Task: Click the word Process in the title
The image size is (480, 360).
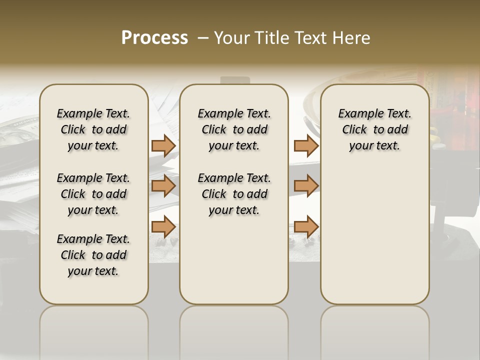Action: [154, 37]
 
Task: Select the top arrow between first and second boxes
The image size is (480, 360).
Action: [163, 145]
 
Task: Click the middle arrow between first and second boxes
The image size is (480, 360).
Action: [163, 186]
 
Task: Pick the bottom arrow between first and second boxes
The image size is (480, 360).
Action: [163, 226]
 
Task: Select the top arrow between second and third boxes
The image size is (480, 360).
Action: [306, 145]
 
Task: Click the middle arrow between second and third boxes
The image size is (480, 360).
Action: [306, 186]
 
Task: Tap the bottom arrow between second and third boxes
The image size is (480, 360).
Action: [306, 226]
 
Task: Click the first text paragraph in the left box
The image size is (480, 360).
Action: [93, 129]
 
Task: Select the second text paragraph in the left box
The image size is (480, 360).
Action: [93, 194]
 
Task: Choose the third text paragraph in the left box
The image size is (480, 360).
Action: [93, 255]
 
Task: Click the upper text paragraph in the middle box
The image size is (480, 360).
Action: [234, 129]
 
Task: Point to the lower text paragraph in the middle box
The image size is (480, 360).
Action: [234, 194]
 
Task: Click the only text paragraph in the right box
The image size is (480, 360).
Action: [375, 129]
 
